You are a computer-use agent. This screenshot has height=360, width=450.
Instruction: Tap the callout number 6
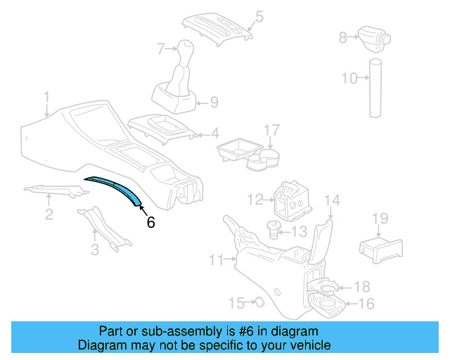(x=150, y=223)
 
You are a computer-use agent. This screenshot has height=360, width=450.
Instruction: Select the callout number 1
(x=46, y=96)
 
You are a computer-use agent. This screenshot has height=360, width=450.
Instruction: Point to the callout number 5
(x=259, y=15)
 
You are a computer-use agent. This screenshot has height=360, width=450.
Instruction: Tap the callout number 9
(x=213, y=102)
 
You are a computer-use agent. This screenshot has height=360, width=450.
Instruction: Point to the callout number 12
(x=255, y=199)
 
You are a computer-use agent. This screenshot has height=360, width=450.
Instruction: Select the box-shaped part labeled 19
(x=380, y=247)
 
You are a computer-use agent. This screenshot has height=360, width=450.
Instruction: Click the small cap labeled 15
(x=257, y=302)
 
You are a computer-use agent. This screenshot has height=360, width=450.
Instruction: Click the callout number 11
(x=216, y=261)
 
